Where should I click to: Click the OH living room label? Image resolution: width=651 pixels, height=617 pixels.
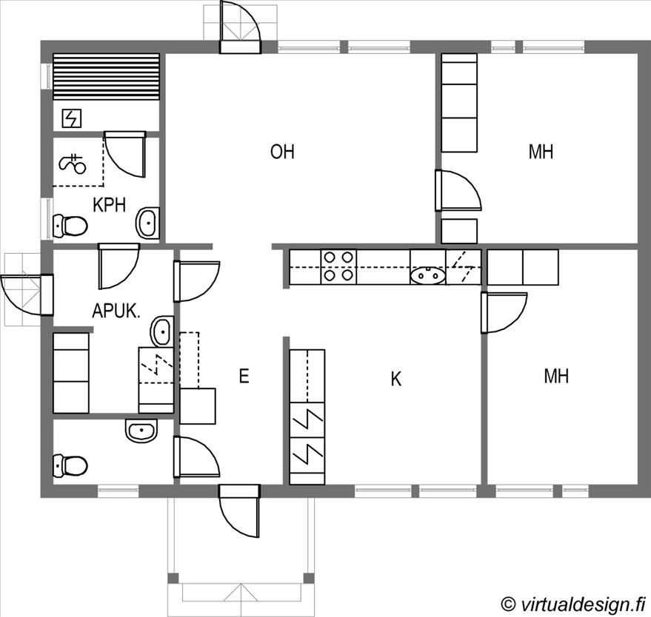tap(282, 152)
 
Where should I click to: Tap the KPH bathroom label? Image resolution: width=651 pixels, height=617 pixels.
tap(109, 205)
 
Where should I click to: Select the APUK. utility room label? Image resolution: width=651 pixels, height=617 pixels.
tap(116, 311)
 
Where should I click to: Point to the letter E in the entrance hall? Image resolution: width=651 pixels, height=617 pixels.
tap(244, 376)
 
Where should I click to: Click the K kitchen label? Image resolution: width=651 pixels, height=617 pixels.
tap(396, 379)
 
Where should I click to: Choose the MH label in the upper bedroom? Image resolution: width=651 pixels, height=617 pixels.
tap(541, 152)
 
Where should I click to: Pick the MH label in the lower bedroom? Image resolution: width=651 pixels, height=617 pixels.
tap(556, 376)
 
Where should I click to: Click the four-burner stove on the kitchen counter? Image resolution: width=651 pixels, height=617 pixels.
tap(338, 266)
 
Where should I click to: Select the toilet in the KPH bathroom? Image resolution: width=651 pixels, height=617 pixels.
tap(70, 226)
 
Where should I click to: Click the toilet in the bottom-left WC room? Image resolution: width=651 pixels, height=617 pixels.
tap(70, 465)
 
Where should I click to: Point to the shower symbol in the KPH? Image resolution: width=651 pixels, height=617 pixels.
tap(73, 163)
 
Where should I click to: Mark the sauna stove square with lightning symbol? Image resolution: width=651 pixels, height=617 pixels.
tap(71, 118)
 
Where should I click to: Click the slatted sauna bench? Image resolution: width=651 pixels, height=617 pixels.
tap(107, 77)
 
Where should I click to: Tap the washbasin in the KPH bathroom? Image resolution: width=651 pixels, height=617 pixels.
tap(147, 223)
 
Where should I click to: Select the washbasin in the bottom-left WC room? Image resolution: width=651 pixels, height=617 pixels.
tap(141, 431)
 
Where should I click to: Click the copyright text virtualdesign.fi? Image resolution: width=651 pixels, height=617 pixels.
tap(573, 604)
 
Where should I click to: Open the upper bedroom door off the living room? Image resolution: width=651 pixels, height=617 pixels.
tap(458, 190)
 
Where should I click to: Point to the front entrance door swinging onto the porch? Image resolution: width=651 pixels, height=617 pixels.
tap(239, 511)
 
